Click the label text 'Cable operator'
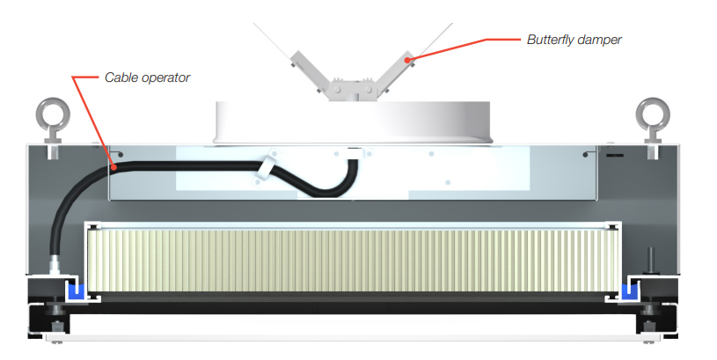147,77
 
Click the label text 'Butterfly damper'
574,40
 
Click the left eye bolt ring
48,114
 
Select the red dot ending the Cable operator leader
115,164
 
